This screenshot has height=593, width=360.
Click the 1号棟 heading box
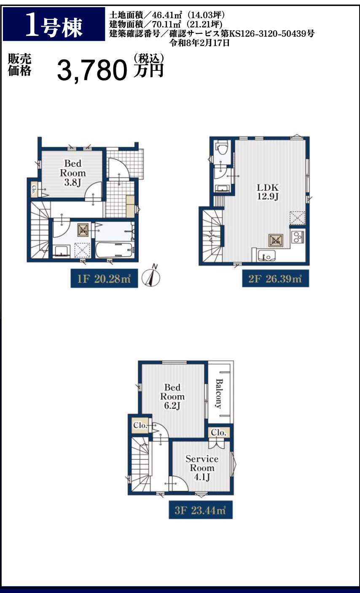pyautogui.click(x=54, y=24)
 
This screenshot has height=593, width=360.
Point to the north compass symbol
pyautogui.click(x=151, y=277)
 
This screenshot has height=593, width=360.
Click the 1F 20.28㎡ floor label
pyautogui.click(x=104, y=278)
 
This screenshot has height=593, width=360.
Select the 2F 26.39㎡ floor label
pyautogui.click(x=275, y=278)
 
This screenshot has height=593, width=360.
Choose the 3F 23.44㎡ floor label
pyautogui.click(x=201, y=509)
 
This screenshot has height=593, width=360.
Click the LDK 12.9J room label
pyautogui.click(x=268, y=192)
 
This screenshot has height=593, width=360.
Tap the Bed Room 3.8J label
pyautogui.click(x=73, y=173)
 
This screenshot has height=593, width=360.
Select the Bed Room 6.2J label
pyautogui.click(x=172, y=396)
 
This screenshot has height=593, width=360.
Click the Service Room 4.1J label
pyautogui.click(x=202, y=468)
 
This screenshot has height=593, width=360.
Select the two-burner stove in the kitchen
pyautogui.click(x=298, y=237)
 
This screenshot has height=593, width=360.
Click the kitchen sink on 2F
pyautogui.click(x=266, y=256)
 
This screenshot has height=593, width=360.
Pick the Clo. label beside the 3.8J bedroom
pyautogui.click(x=34, y=189)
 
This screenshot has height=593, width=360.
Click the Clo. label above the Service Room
pyautogui.click(x=218, y=433)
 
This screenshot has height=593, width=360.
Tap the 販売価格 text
pyautogui.click(x=19, y=65)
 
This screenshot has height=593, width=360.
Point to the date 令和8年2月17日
pyautogui.click(x=199, y=43)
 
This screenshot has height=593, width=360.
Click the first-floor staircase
pyautogui.click(x=40, y=230)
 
